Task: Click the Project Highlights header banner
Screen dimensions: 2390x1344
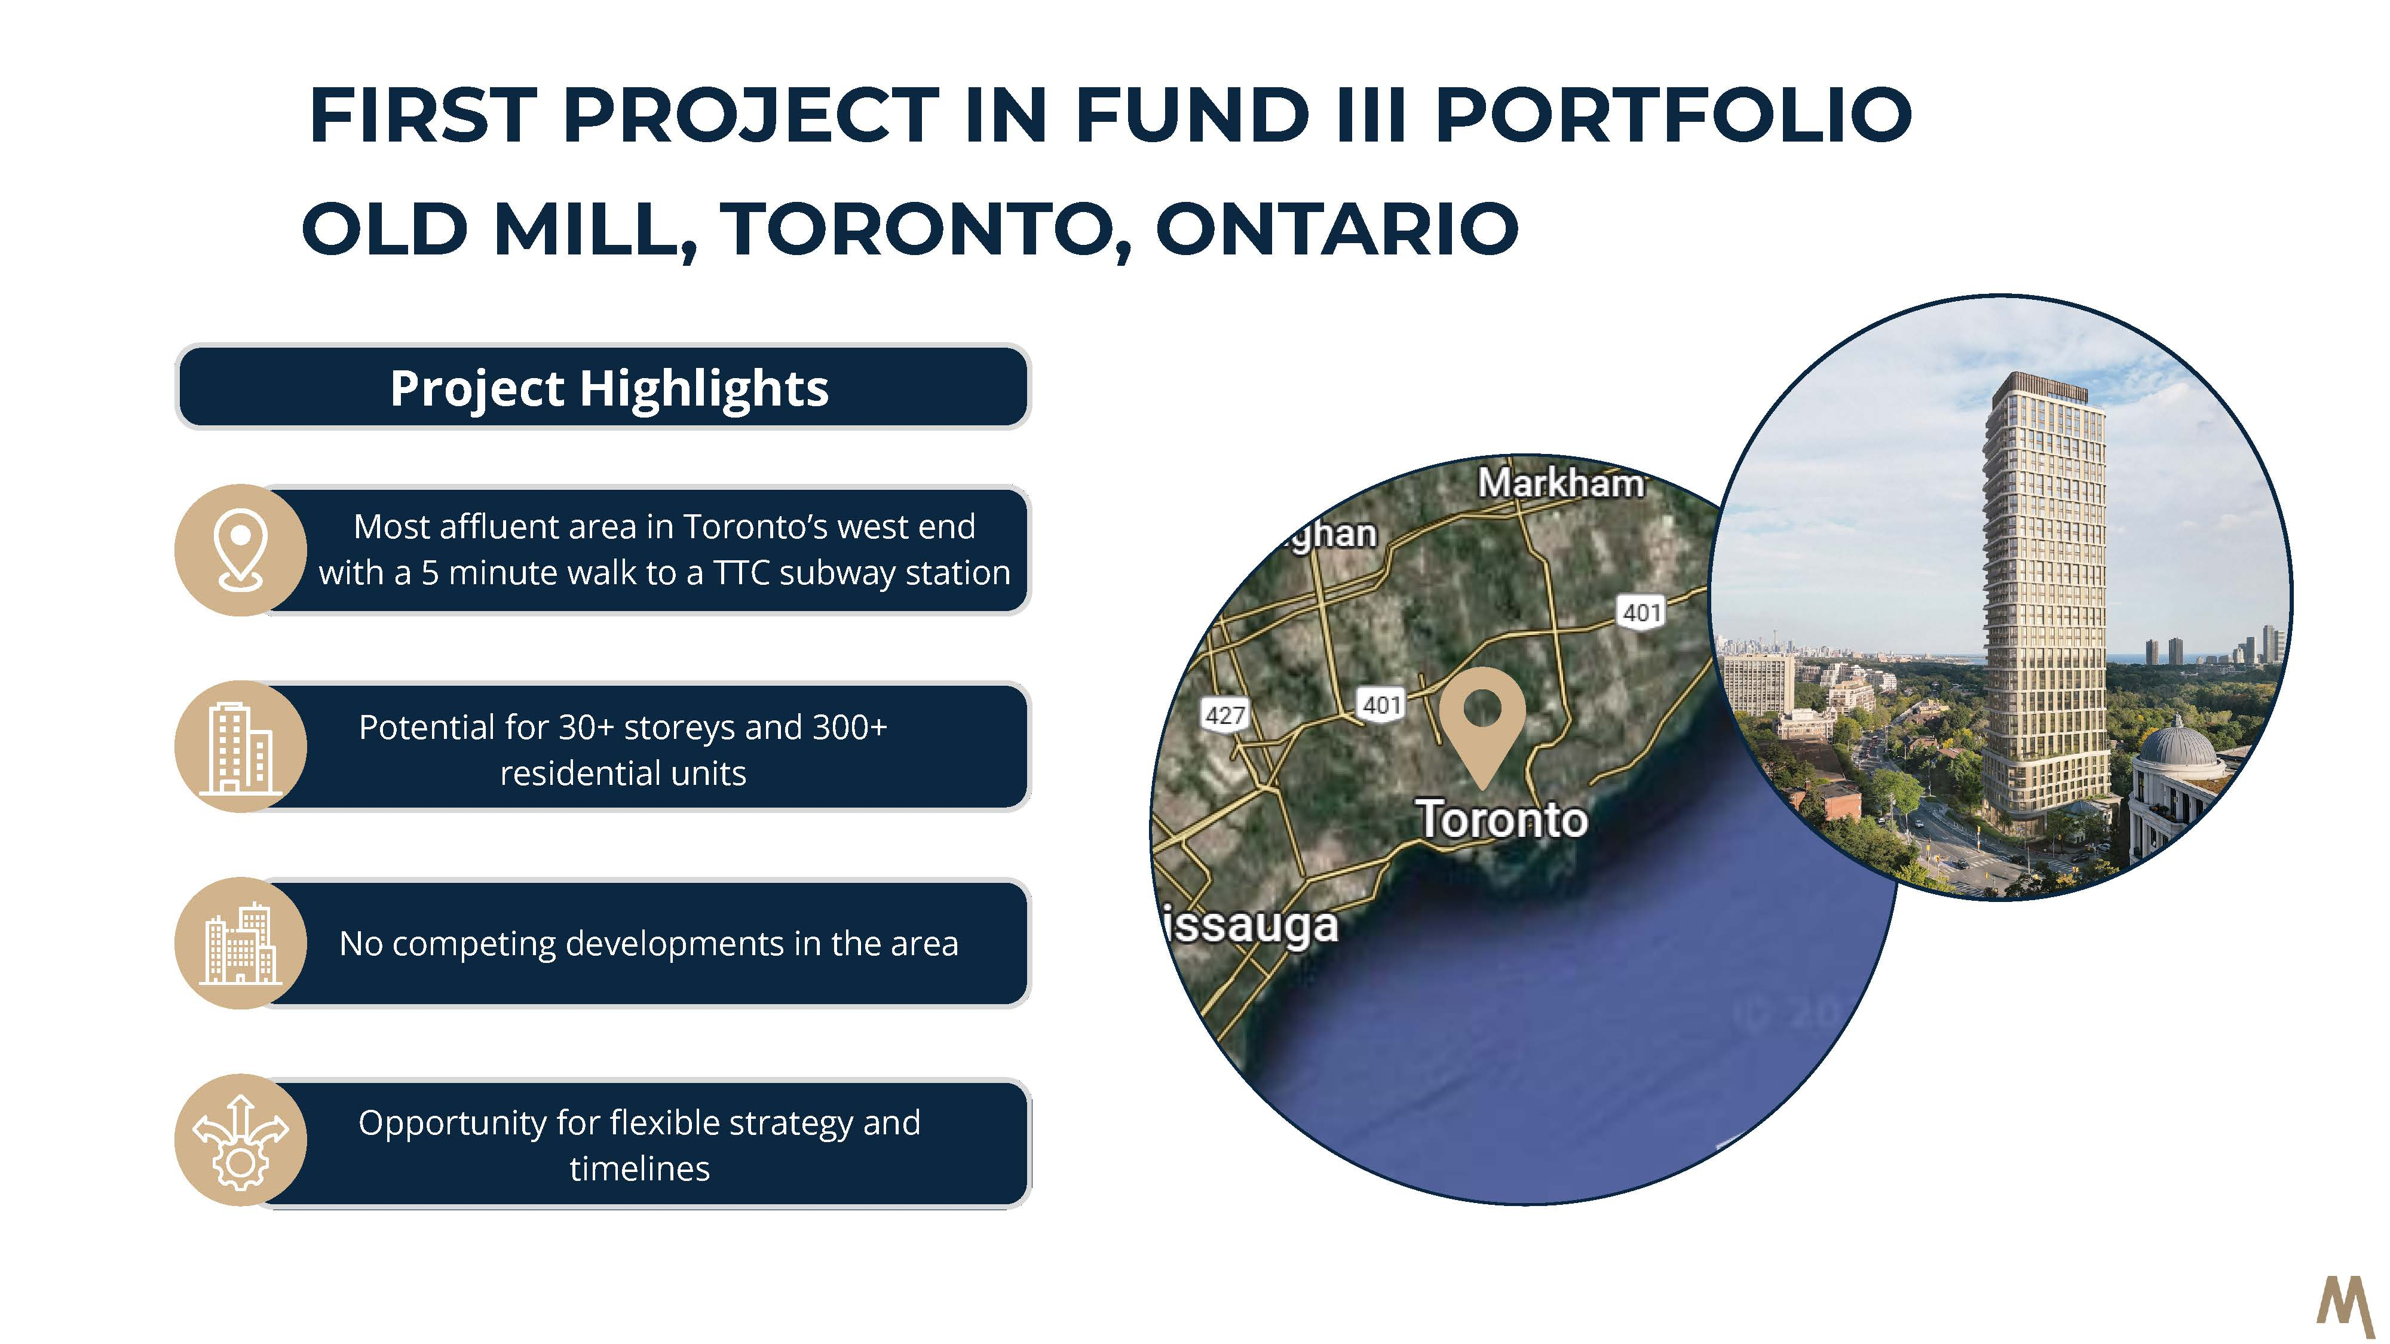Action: tap(603, 387)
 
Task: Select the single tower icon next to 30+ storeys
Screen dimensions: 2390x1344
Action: tap(240, 748)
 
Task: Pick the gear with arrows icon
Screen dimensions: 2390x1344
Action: tap(240, 1141)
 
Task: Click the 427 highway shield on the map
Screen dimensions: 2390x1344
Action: tap(1225, 715)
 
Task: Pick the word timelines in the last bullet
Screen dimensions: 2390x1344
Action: tap(639, 1168)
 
